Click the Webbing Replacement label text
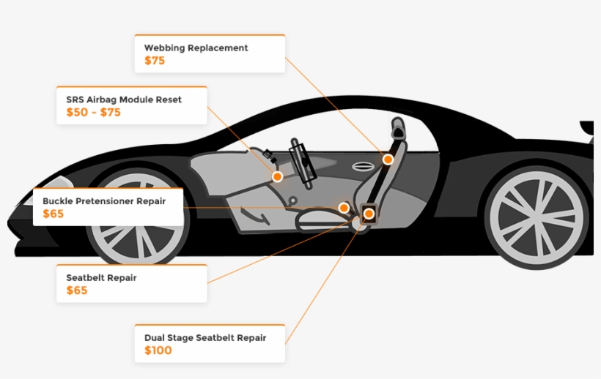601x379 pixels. (x=196, y=48)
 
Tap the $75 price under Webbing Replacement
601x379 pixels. (x=155, y=61)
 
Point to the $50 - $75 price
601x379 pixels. (x=93, y=113)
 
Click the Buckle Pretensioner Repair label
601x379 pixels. (x=104, y=200)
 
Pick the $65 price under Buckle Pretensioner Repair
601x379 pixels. (x=54, y=214)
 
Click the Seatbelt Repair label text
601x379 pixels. (x=101, y=278)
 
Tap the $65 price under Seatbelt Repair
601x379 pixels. (x=77, y=291)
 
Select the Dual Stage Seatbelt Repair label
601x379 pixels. (x=204, y=338)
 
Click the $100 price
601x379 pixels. (x=158, y=351)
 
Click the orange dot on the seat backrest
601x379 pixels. (x=388, y=160)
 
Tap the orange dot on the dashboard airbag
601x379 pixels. (x=278, y=176)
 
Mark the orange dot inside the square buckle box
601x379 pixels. (x=369, y=214)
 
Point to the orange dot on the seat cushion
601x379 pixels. (x=344, y=208)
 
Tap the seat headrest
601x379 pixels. (x=398, y=130)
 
